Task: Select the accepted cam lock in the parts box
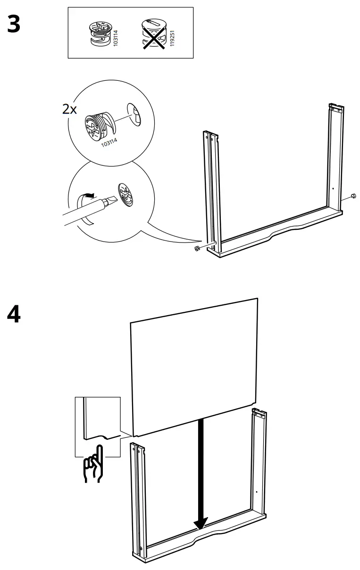point(100,33)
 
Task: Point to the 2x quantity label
point(69,109)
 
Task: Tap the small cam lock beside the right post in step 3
point(353,197)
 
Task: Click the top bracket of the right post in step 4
point(259,414)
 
